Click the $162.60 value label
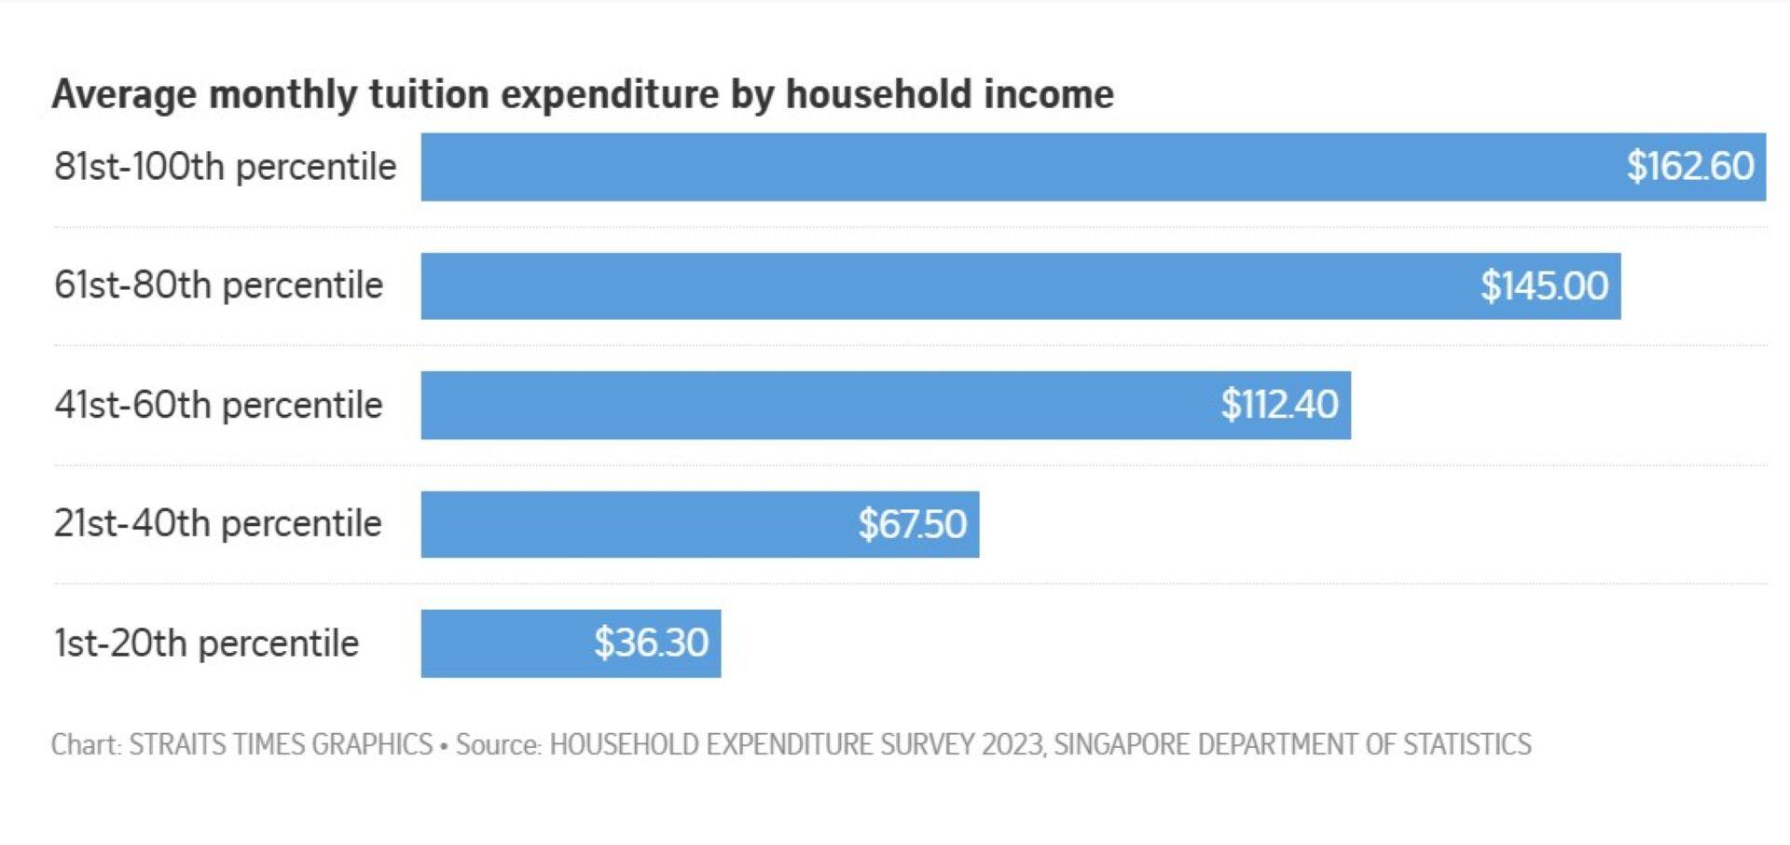[1689, 167]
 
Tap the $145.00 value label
[1544, 286]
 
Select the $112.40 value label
[1279, 405]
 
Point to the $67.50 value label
[912, 524]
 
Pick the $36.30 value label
[651, 644]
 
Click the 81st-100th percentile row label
[225, 167]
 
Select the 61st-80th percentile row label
[218, 285]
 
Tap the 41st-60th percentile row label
[218, 405]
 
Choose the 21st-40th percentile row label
[217, 523]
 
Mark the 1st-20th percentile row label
[206, 644]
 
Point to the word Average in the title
[124, 94]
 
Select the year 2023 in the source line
[1012, 744]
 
